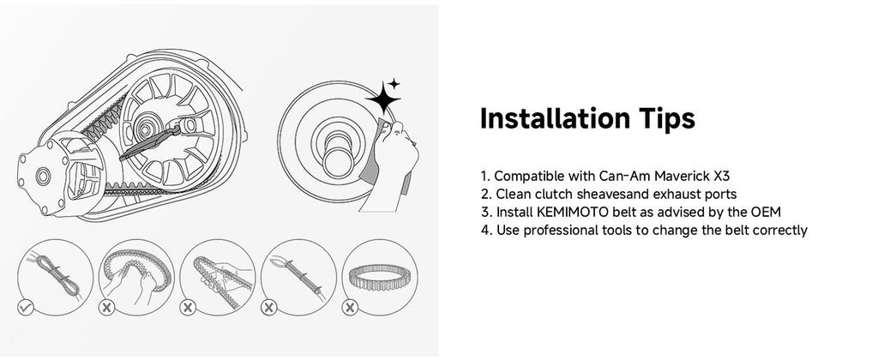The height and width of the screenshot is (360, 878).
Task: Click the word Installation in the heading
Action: [556, 118]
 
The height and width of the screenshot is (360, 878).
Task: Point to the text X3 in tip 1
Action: [722, 176]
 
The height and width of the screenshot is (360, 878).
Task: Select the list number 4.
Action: [485, 231]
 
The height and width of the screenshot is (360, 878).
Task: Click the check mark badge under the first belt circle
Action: [26, 308]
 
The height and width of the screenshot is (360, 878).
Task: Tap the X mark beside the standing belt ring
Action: [350, 308]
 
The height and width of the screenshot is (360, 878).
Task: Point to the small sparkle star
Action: [394, 84]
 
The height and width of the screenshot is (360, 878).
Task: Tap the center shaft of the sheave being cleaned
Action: [338, 156]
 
